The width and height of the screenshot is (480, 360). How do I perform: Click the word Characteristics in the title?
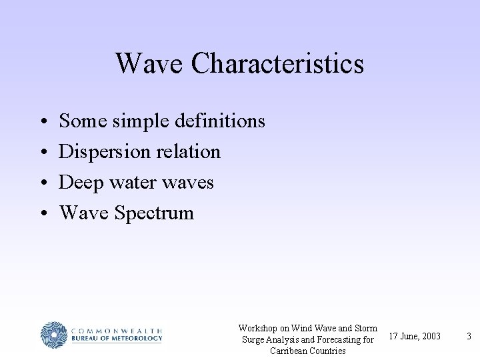277,64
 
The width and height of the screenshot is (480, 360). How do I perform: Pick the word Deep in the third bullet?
80,183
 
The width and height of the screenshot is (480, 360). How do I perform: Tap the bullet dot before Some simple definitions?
42,122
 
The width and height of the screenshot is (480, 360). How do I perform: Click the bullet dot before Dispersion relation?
42,153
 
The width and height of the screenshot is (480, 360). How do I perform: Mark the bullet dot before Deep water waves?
42,183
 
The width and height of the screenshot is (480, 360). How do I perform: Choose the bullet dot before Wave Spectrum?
42,214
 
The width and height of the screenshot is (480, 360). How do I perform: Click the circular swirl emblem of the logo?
53,335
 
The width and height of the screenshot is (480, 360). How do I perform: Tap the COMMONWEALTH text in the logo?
117,330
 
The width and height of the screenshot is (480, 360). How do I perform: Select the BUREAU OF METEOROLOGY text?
117,339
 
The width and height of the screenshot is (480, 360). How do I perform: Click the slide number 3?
469,336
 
